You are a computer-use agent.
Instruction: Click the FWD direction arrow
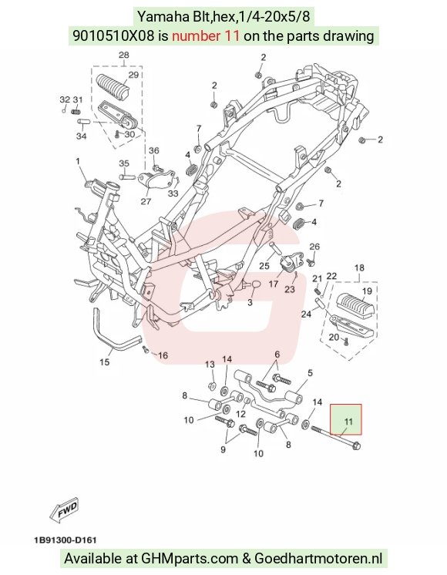point(65,509)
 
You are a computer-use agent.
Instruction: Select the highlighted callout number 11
point(348,422)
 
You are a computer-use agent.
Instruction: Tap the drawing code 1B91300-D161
point(65,540)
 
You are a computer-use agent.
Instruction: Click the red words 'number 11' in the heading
point(206,36)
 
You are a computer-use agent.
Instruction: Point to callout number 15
point(105,362)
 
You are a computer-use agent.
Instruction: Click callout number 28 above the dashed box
point(124,55)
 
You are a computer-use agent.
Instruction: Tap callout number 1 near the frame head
point(78,161)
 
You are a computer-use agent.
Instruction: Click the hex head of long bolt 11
point(356,446)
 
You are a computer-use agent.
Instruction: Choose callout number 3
point(250,303)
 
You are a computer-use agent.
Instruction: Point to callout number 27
point(146,201)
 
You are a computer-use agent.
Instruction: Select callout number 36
point(154,150)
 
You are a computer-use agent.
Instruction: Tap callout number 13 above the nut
point(210,365)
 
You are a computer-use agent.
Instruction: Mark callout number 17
point(274,284)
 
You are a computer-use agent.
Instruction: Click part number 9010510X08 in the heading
point(113,36)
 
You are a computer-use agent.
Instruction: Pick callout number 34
point(82,136)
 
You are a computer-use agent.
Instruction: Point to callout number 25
point(264,265)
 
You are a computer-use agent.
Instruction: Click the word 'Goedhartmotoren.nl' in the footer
point(318,559)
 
